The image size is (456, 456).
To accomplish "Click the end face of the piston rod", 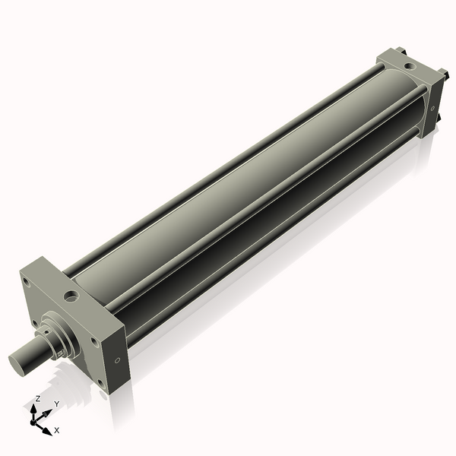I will tap(18, 362).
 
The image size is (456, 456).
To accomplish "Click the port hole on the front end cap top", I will tap(71, 293).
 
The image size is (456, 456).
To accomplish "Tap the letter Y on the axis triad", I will tap(56, 404).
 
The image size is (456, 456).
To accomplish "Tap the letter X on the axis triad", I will tap(57, 430).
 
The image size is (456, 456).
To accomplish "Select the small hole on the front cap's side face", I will tap(116, 362).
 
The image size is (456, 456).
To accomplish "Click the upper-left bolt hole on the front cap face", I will tap(27, 282).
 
